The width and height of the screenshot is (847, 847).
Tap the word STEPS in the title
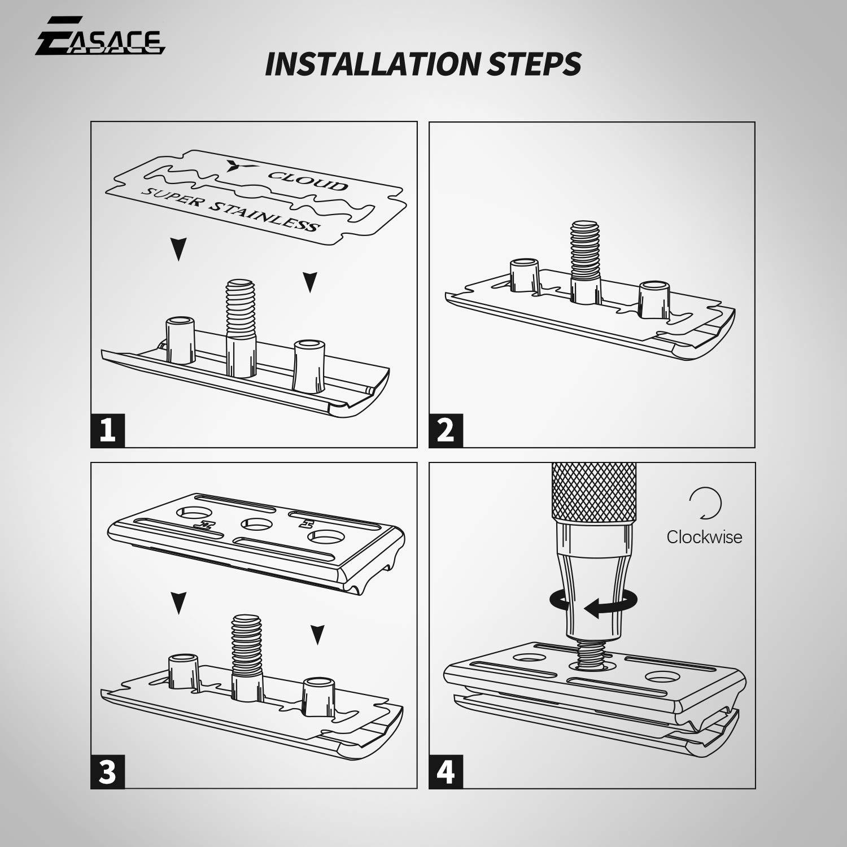[x=534, y=64]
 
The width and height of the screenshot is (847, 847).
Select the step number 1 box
[x=107, y=430]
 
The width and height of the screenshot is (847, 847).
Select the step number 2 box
[x=446, y=430]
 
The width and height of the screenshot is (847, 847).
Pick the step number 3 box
[x=107, y=771]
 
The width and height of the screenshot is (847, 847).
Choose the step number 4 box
[x=446, y=771]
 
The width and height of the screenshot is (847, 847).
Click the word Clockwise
[x=704, y=537]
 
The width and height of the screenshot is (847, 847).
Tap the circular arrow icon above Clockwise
[x=705, y=503]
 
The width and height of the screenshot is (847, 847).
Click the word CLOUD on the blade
[x=308, y=181]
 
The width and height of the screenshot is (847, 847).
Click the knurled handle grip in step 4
[x=593, y=491]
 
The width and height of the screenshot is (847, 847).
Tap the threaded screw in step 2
[x=585, y=248]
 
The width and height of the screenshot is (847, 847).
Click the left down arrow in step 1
[x=179, y=249]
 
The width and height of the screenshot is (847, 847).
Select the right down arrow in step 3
[x=318, y=634]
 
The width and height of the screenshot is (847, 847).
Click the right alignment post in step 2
[x=654, y=299]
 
